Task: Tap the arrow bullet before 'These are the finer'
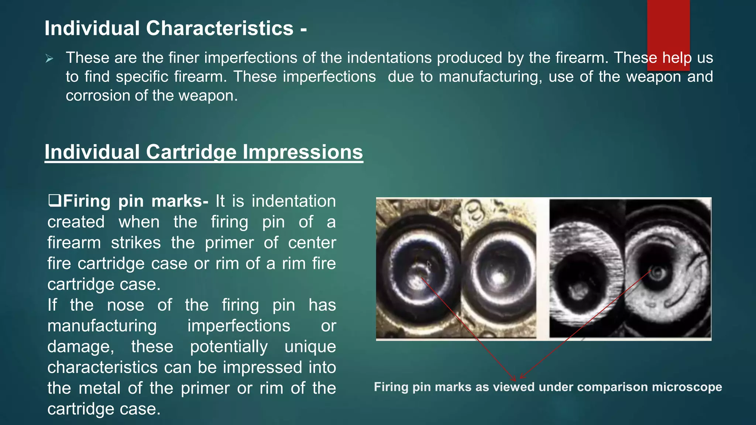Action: (x=49, y=59)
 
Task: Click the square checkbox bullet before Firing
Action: (x=54, y=201)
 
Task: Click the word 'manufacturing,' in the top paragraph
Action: (x=490, y=77)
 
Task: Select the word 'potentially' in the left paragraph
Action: (x=229, y=347)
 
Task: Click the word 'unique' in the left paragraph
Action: (x=310, y=347)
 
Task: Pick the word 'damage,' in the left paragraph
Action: (x=81, y=347)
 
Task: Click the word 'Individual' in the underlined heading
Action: (x=92, y=152)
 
